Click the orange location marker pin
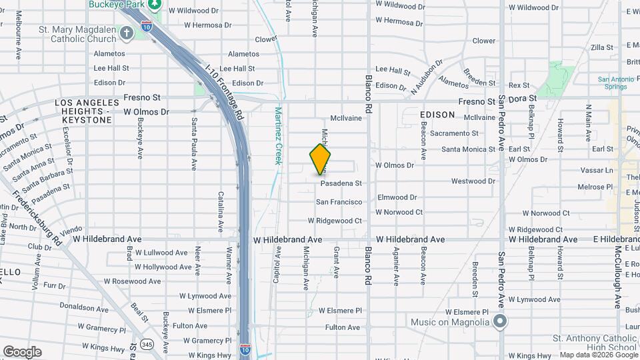pos(320,159)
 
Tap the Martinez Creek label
pos(279,137)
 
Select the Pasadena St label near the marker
pos(341,183)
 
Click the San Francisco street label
pos(339,201)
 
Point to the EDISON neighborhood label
pos(437,115)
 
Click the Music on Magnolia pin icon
pos(501,323)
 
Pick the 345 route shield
pos(147,344)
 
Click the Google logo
pos(22,351)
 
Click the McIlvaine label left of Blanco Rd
pos(345,118)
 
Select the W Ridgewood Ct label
pos(335,221)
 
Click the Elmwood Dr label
pos(397,197)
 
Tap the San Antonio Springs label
pos(611,83)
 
